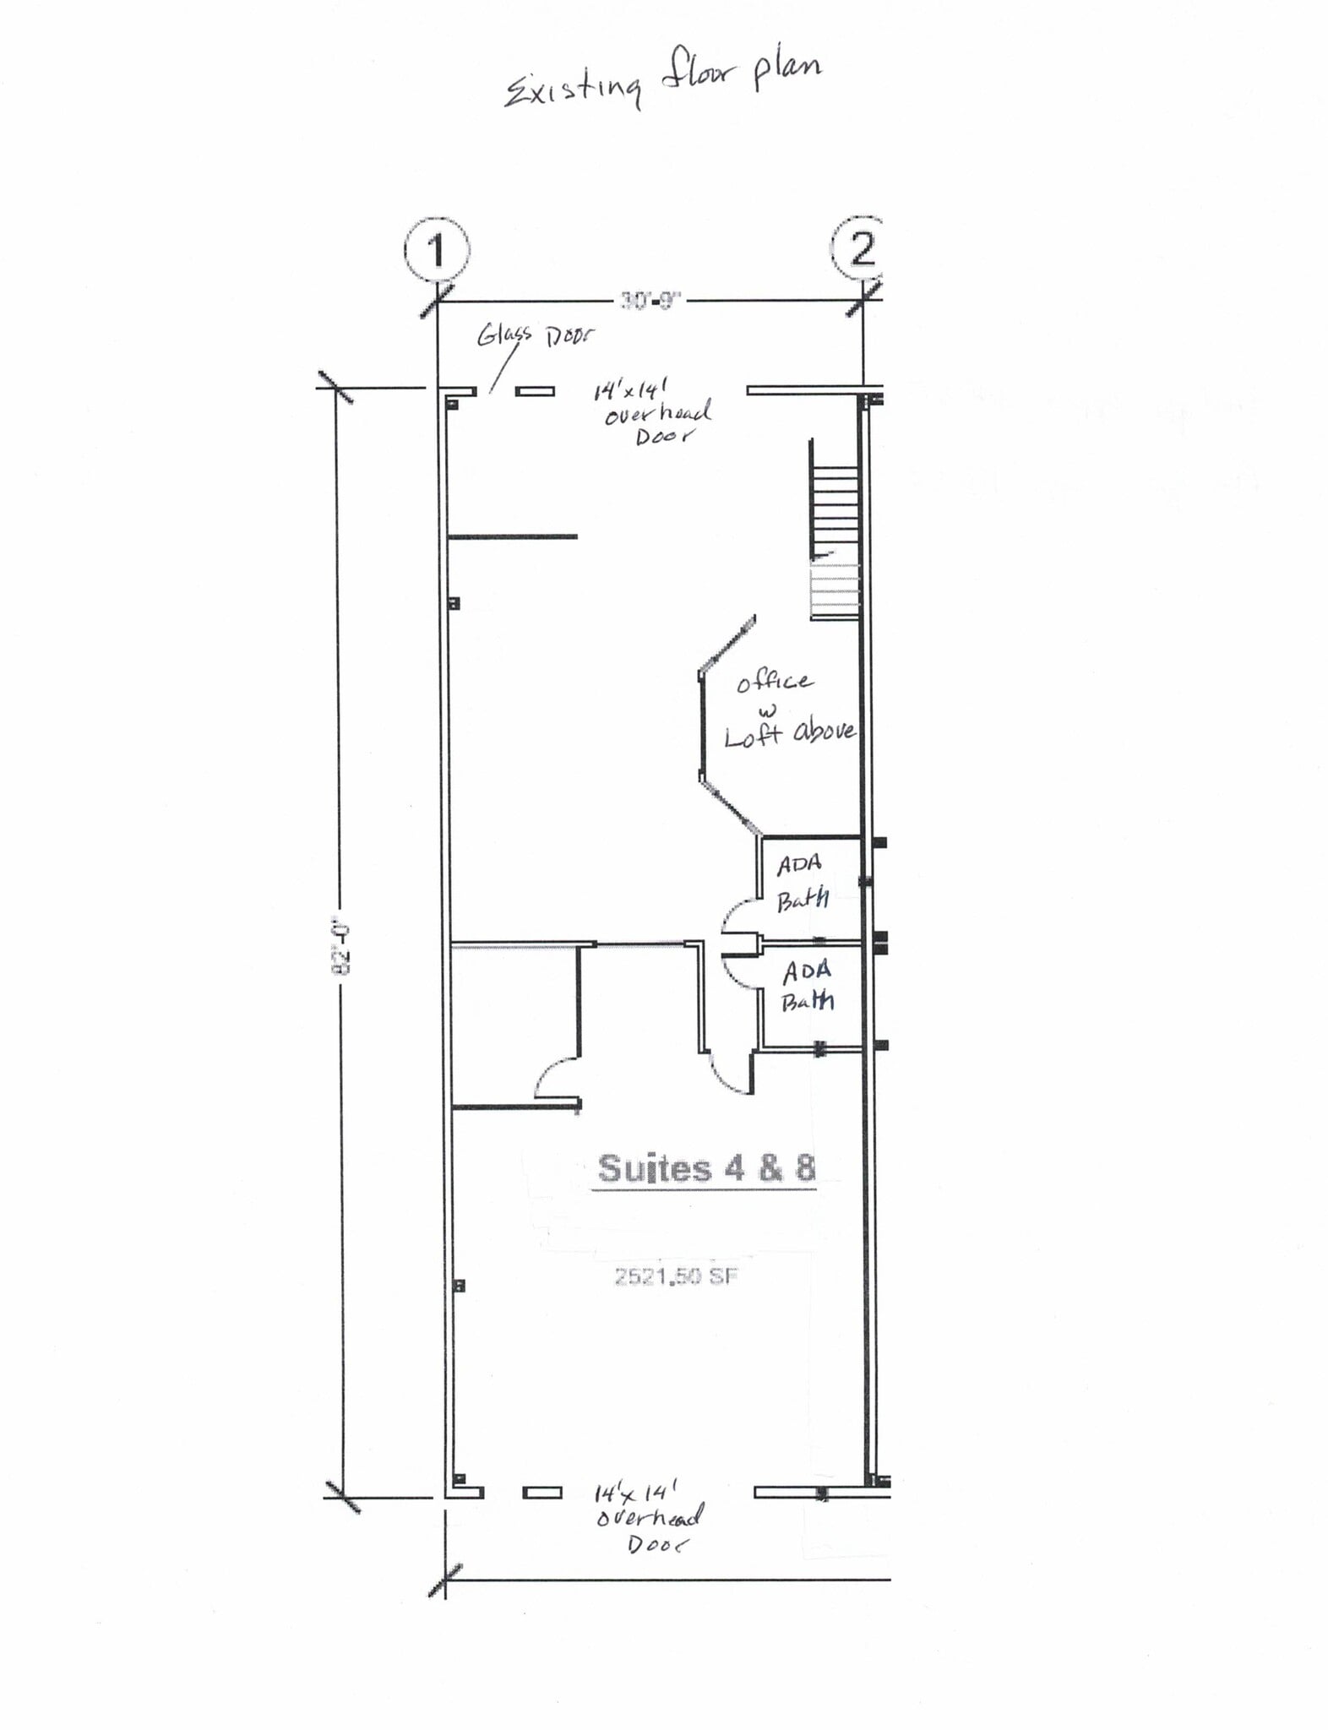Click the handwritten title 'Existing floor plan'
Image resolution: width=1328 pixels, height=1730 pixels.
pos(662,81)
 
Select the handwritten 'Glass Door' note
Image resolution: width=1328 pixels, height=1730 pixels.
pos(535,335)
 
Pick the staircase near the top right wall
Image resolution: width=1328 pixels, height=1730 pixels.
pos(835,532)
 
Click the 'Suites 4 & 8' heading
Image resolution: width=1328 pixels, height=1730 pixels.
pos(706,1168)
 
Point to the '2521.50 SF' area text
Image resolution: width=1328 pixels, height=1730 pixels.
pos(676,1276)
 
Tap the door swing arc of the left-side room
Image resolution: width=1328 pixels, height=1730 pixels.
pos(553,1079)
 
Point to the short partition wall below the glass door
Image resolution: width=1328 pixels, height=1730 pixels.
pos(513,536)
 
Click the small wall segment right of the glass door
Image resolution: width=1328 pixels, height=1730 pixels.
pos(536,391)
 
